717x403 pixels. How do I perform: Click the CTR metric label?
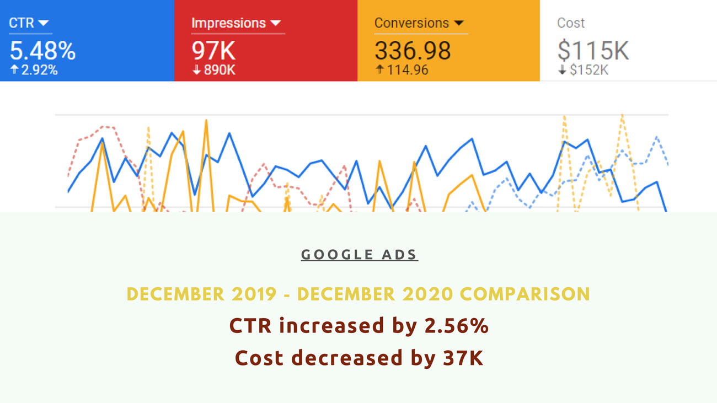[21, 23]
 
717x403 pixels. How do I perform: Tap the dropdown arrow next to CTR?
[44, 23]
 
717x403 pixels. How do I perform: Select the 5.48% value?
[42, 51]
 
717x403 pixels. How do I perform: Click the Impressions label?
[228, 23]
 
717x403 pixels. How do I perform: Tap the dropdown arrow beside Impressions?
[276, 23]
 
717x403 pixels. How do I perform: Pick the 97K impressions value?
[213, 51]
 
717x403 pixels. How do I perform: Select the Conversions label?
[411, 23]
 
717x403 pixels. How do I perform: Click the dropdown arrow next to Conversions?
[458, 23]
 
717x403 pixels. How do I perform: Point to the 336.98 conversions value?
[413, 51]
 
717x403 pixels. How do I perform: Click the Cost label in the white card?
[571, 23]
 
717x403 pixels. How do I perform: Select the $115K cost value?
[593, 51]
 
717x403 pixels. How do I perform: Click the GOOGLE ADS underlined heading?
[360, 255]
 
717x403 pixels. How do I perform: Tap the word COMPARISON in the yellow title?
[525, 294]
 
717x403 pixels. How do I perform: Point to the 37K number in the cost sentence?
[463, 358]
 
